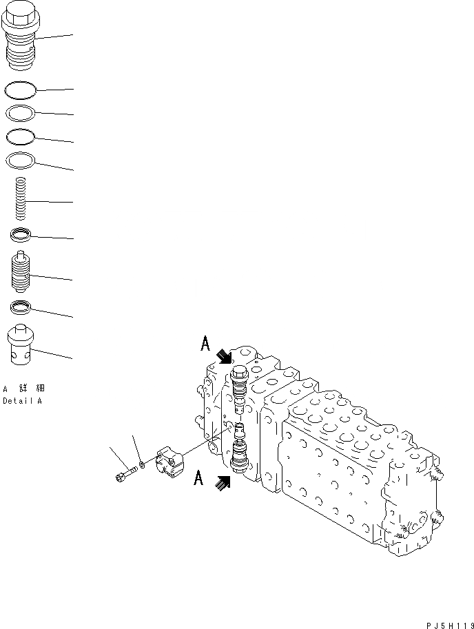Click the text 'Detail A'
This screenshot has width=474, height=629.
click(x=22, y=400)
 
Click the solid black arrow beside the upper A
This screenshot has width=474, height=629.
click(x=224, y=355)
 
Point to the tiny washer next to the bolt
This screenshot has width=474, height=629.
click(x=141, y=465)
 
